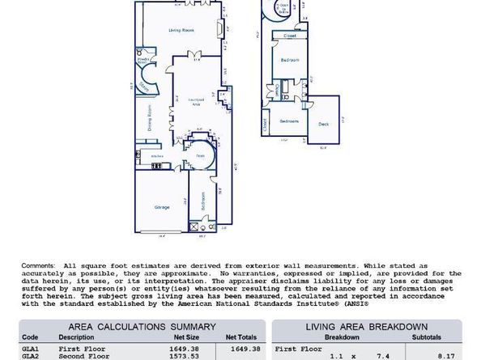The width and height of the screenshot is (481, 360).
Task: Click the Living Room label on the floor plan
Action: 181,30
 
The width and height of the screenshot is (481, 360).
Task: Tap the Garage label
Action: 162,207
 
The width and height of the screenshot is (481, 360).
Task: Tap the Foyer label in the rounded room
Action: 199,155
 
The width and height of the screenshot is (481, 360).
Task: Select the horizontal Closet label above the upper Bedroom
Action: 289,36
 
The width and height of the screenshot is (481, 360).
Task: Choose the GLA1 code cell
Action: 30,349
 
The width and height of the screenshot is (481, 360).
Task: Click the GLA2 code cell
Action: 30,357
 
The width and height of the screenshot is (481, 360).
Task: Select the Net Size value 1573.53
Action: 185,357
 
